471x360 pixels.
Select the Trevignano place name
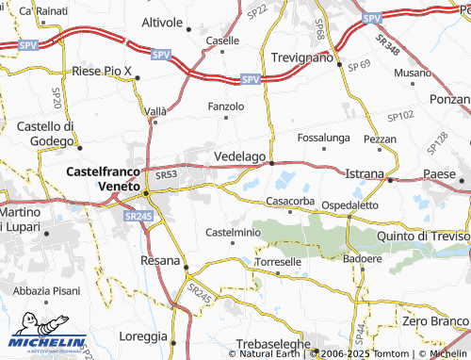pos(302,57)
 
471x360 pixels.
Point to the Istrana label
pos(365,175)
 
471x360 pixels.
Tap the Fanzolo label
pos(226,106)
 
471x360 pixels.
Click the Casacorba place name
pos(290,201)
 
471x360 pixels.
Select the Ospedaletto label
pos(349,205)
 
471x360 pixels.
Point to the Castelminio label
pos(233,232)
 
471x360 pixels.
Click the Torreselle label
pos(279,261)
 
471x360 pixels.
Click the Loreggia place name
pos(143,335)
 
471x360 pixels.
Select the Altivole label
pos(161,21)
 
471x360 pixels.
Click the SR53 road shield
pos(167,174)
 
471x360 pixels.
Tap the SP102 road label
pos(400,115)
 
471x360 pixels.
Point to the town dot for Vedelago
pos(272,163)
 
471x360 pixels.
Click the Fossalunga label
pos(323,138)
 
